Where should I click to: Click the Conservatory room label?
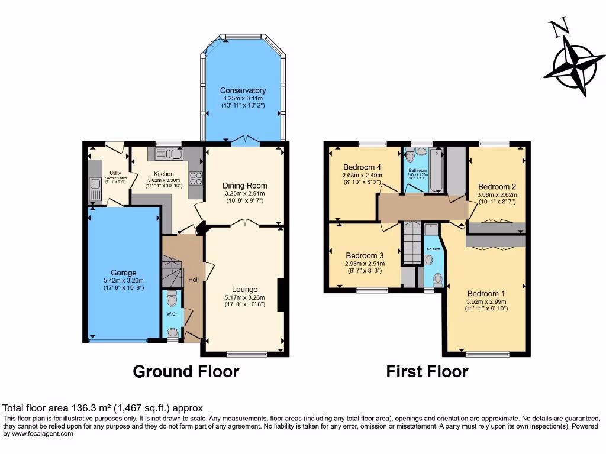243,90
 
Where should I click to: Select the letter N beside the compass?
556,29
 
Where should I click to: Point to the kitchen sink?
169,154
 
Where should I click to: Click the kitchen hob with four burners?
195,179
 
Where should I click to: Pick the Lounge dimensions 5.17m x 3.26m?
244,297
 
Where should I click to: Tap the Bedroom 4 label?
362,167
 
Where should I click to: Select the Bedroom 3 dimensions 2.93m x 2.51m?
365,264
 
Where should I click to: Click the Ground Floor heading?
186,371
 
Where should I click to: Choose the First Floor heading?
427,371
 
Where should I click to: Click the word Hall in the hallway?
194,280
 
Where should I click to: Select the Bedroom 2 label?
497,186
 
